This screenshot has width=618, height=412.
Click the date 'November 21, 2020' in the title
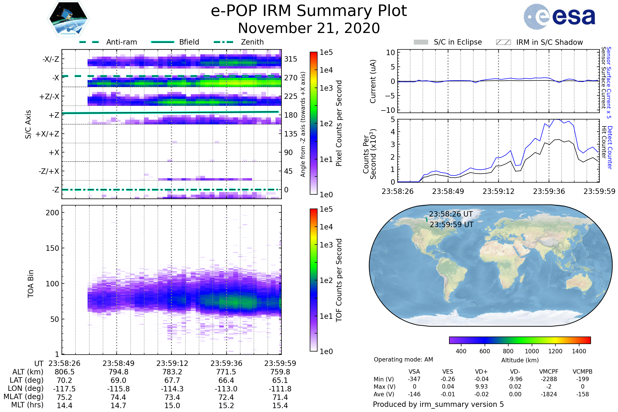coord(309,28)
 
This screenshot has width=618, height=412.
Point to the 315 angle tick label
coord(290,59)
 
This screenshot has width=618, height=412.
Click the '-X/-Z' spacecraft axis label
coord(51,59)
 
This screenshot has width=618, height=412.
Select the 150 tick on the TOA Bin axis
coord(52,248)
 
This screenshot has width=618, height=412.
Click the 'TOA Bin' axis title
coord(31,284)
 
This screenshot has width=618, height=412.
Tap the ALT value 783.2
coord(172,372)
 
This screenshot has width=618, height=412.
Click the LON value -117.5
coord(64,389)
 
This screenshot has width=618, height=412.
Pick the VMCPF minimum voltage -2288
coord(549,379)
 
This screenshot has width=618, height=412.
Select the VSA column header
coord(414,372)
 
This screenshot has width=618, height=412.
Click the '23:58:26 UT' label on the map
coord(451,214)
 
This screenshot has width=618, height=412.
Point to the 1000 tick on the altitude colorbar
coord(531,351)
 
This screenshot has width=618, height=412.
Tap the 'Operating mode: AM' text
coord(403,359)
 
